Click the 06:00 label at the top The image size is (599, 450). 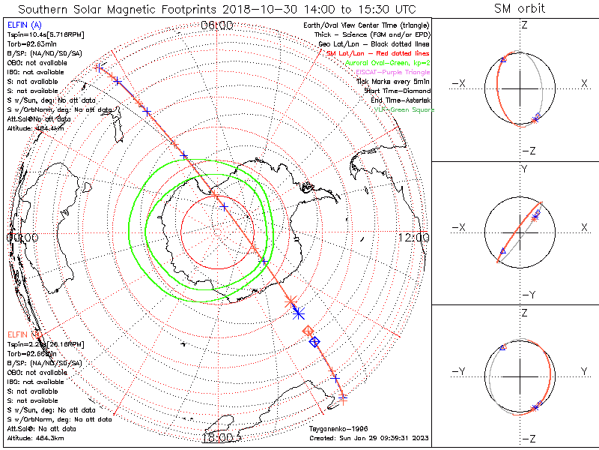click(217, 25)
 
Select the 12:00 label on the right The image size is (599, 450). click(414, 238)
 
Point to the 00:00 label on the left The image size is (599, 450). click(22, 238)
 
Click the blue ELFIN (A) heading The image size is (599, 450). click(24, 25)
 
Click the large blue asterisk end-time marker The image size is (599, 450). click(298, 311)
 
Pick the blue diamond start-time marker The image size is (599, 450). click(314, 341)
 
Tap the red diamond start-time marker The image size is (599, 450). click(307, 331)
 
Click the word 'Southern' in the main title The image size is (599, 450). click(43, 9)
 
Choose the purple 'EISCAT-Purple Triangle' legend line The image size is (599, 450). click(392, 72)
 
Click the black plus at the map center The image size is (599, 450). click(225, 207)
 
